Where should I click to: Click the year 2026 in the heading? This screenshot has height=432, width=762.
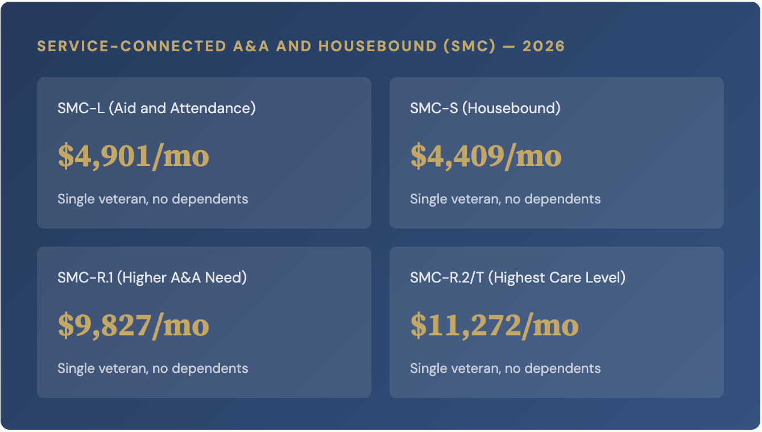[544, 47]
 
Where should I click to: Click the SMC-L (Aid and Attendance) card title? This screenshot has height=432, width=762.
[156, 108]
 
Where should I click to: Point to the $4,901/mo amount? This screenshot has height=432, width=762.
[134, 156]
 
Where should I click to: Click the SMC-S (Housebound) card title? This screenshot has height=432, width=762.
[485, 108]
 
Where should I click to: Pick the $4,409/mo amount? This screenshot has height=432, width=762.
[486, 156]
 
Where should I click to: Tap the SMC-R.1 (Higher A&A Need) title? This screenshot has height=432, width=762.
[152, 277]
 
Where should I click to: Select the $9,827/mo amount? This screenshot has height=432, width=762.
[134, 325]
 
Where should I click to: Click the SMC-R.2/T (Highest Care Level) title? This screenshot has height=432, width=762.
[517, 277]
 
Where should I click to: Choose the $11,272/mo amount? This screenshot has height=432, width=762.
[494, 325]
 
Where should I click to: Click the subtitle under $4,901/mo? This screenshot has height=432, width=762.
[152, 199]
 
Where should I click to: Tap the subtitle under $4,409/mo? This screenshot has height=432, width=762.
[505, 199]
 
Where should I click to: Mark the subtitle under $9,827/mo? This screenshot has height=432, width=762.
[152, 368]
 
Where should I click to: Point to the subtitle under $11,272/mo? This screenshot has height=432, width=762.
[505, 368]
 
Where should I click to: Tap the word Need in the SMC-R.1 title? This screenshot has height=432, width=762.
[229, 277]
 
